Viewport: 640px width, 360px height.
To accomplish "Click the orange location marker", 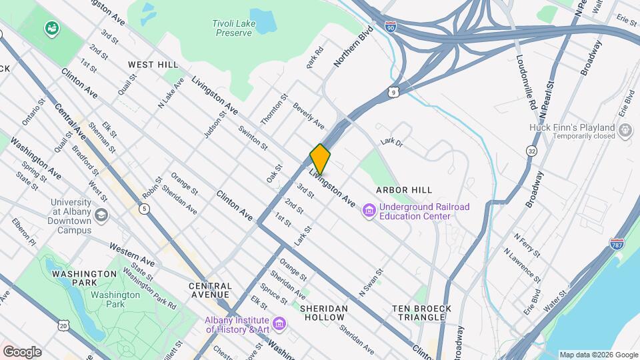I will click(320, 159).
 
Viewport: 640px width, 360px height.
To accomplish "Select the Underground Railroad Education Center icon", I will click(369, 211).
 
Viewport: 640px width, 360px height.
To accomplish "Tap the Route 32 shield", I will click(532, 151).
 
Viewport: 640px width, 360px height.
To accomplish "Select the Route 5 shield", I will click(145, 209).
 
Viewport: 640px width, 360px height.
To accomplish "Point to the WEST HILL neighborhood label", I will click(153, 65).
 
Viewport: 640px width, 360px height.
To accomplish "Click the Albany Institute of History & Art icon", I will click(280, 324).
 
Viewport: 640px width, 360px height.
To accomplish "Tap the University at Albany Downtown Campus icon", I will click(101, 215).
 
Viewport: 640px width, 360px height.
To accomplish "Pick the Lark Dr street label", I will click(392, 142).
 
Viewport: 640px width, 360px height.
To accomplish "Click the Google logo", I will click(21, 351).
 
